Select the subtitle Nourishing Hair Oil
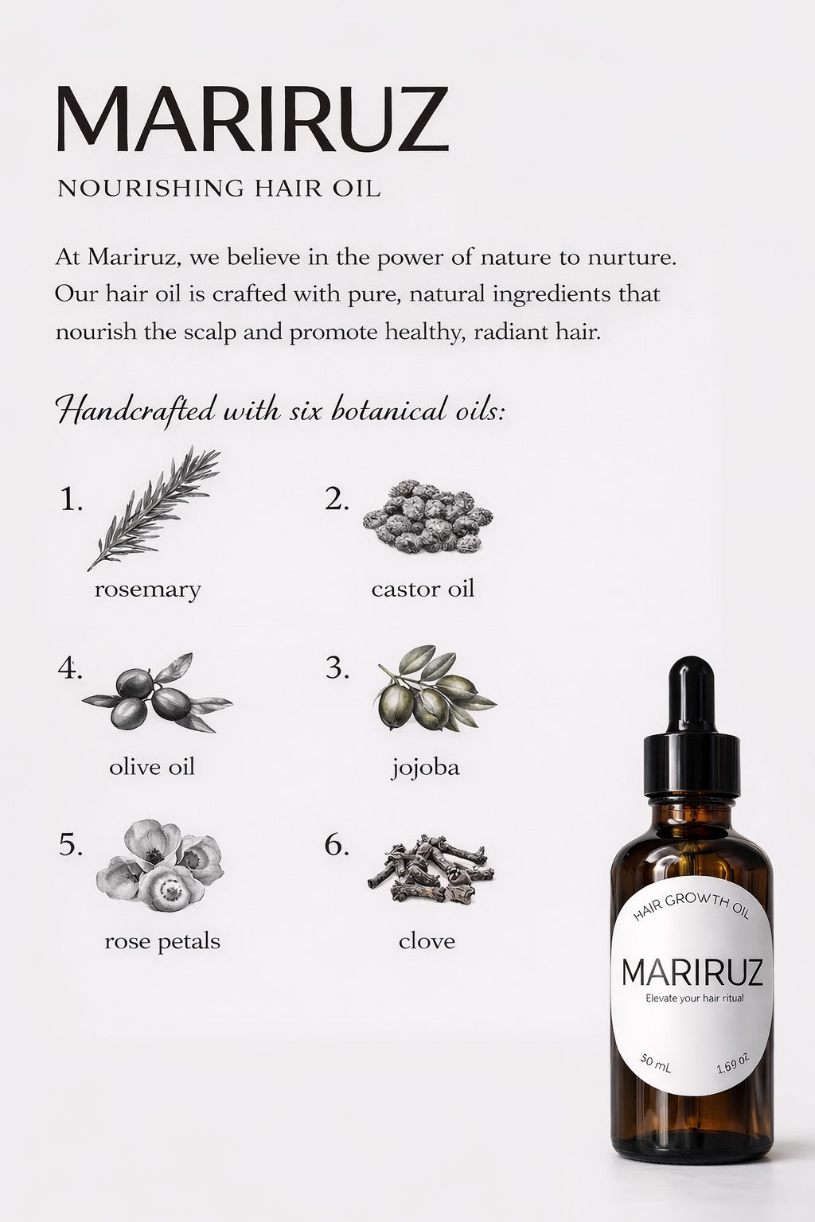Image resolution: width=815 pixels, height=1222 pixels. (219, 189)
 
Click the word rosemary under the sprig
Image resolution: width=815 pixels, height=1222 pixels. (147, 590)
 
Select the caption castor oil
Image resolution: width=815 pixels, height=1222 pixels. (423, 590)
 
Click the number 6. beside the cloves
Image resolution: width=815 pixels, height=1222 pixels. (337, 846)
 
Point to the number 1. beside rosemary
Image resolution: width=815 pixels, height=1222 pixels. (72, 500)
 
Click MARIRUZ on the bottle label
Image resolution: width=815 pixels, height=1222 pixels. (692, 972)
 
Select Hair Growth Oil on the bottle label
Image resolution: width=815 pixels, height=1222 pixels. (691, 907)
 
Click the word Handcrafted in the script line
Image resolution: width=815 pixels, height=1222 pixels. (136, 411)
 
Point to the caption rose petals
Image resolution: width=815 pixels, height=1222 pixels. (162, 942)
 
